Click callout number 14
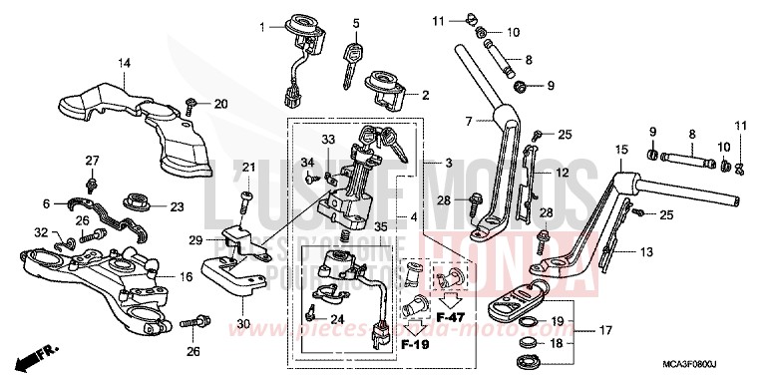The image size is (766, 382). point(124,64)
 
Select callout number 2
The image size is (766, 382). point(426,95)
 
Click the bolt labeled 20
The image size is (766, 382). point(191,105)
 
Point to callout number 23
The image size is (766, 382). point(178,207)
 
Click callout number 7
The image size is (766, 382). point(469,121)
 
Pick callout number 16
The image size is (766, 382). point(186,276)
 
